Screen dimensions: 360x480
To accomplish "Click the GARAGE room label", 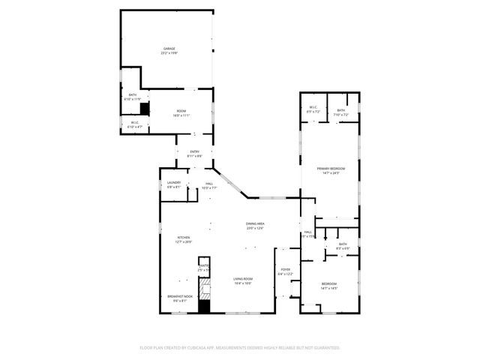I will [170, 49].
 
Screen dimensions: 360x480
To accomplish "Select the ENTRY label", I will [194, 152].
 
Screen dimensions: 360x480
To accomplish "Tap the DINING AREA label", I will [255, 224].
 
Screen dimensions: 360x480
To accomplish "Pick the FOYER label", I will [285, 269].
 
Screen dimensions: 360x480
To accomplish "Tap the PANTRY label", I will [203, 265].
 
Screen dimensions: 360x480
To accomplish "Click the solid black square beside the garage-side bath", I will [145, 109].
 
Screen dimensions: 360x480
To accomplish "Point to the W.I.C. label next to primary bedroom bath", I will [313, 109].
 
